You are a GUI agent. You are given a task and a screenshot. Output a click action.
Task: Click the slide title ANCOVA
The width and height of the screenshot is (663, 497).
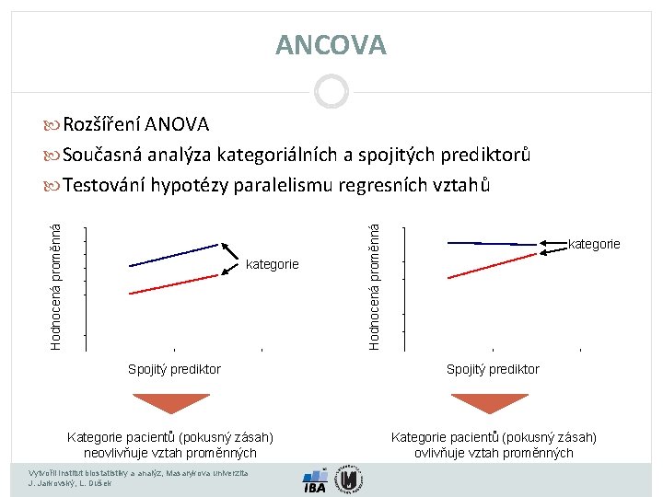click(331, 44)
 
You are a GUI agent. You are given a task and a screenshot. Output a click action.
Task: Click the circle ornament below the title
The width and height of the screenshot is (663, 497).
click(331, 91)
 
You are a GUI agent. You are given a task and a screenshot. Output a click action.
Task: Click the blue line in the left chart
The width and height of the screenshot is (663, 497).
click(175, 255)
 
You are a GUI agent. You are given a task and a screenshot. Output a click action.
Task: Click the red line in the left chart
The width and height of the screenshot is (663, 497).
click(175, 283)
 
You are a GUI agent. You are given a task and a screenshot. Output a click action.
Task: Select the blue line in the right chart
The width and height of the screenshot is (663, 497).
click(491, 243)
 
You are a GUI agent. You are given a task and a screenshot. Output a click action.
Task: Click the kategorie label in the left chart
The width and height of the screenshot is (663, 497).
click(272, 265)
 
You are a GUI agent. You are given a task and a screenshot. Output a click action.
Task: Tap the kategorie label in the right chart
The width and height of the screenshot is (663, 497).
click(594, 244)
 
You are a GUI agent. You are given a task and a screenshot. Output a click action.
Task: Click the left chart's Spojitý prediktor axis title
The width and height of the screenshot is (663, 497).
click(174, 369)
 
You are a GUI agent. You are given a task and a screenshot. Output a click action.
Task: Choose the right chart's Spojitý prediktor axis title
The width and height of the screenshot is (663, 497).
click(493, 369)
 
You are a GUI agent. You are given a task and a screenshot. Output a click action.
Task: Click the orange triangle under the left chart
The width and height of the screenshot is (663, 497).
click(171, 403)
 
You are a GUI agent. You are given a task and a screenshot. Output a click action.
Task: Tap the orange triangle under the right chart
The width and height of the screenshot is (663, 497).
click(489, 403)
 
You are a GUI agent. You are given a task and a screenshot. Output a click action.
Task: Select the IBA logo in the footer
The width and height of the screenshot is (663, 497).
click(315, 482)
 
